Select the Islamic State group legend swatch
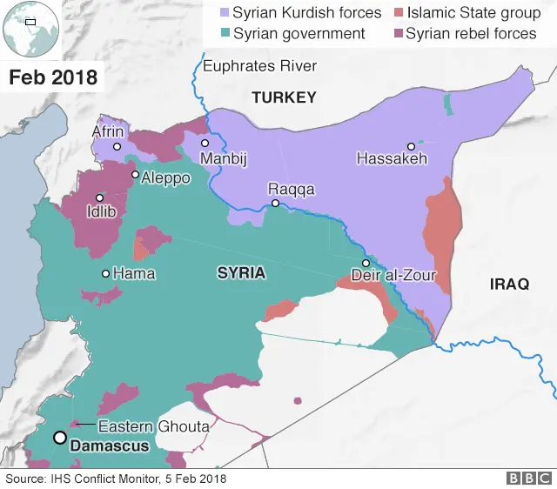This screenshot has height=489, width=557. click(398, 13)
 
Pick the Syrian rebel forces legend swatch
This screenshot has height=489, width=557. click(398, 34)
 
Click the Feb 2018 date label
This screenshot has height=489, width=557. click(52, 77)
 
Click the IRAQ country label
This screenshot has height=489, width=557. click(509, 285)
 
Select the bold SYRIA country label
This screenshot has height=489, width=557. click(241, 273)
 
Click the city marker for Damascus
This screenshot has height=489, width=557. click(60, 438)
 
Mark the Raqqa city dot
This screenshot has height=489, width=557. click(275, 204)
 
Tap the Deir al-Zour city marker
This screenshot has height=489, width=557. click(366, 263)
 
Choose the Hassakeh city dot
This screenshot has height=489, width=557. click(411, 146)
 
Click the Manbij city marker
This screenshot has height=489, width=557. click(205, 144)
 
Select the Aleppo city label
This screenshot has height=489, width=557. click(166, 178)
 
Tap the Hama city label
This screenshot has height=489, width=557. click(134, 274)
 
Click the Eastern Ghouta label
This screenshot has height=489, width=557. click(153, 426)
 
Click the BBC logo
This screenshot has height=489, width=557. click(527, 479)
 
